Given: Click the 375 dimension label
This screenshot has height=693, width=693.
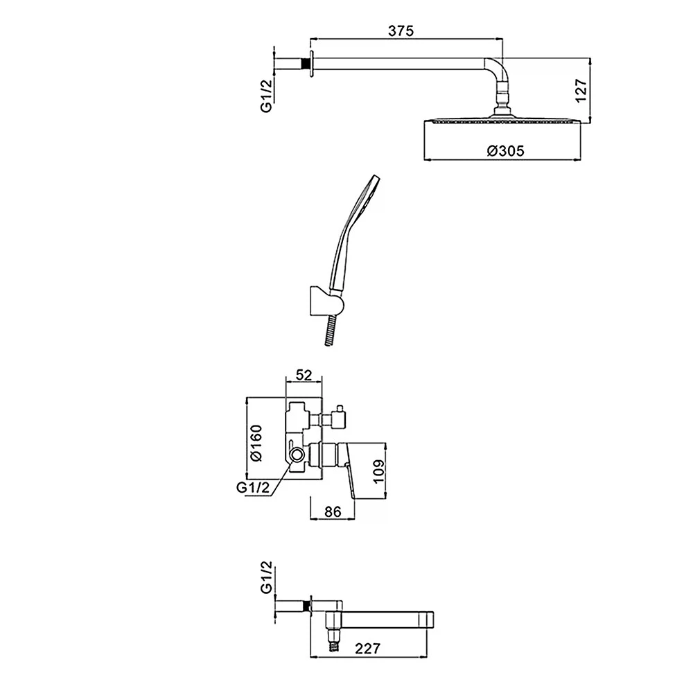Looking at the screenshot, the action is [401, 31].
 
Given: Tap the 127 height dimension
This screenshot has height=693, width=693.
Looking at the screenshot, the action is [581, 91].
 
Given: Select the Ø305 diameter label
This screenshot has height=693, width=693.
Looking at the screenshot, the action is [506, 150].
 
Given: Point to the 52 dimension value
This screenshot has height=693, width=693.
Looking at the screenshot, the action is [304, 375].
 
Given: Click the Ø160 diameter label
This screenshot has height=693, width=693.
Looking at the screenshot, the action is [256, 443].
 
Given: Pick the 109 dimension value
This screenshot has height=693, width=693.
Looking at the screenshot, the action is [379, 471].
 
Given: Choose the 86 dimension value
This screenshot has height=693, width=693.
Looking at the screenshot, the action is [333, 511].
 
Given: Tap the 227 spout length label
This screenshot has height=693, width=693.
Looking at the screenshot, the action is [367, 649].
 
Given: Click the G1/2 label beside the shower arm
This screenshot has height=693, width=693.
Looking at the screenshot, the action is [266, 96].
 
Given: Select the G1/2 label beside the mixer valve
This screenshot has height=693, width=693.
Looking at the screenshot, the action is [253, 487].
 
